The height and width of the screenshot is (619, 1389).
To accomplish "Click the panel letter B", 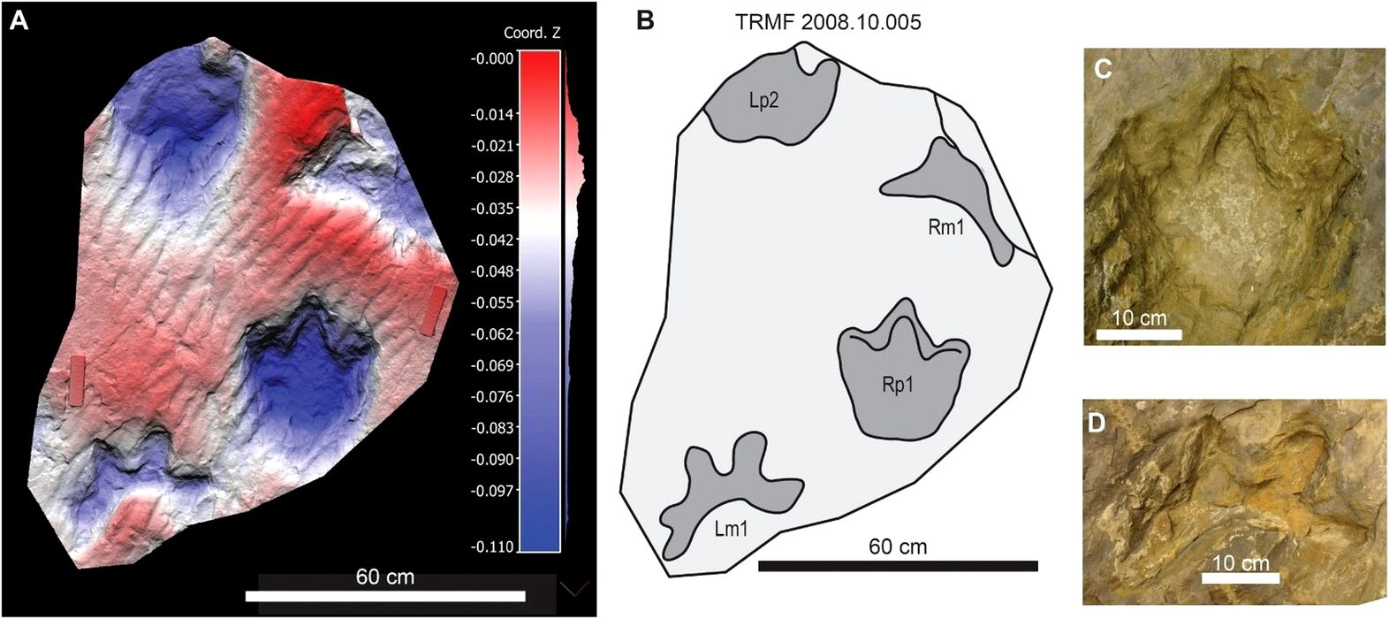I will point(645,19).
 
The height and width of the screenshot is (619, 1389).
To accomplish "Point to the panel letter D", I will point(1097,422).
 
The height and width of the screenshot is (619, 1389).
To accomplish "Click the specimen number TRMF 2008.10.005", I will point(828,23).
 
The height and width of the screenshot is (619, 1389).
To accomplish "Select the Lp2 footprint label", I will point(763,101).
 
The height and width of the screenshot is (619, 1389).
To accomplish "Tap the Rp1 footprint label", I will point(897,386).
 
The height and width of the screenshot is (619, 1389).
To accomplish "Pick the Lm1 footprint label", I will point(731,530).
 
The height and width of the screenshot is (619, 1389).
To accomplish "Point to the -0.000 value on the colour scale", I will point(492,58).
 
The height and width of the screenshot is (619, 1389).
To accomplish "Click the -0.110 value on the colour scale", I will point(492,548).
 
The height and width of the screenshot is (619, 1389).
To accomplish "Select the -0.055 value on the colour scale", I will point(492,302).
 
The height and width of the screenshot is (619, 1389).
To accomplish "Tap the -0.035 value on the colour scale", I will point(492,209).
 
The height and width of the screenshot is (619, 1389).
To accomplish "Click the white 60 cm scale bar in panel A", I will point(384,596).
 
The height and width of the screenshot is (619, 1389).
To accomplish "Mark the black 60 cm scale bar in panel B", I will point(898,566).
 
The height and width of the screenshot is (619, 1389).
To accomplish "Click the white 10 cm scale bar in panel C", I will point(1139,334).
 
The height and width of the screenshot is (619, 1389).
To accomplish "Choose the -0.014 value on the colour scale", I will point(492,115).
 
